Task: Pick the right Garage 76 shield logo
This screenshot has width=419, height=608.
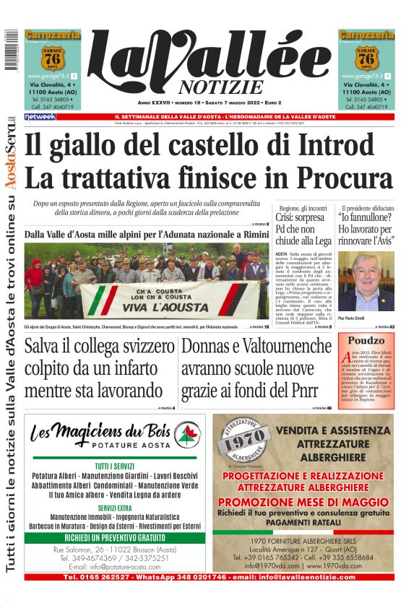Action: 366,56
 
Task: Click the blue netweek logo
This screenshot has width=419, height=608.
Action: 40,116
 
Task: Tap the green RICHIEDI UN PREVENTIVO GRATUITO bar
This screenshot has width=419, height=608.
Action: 115,538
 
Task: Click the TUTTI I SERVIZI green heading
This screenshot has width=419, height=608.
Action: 115,466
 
